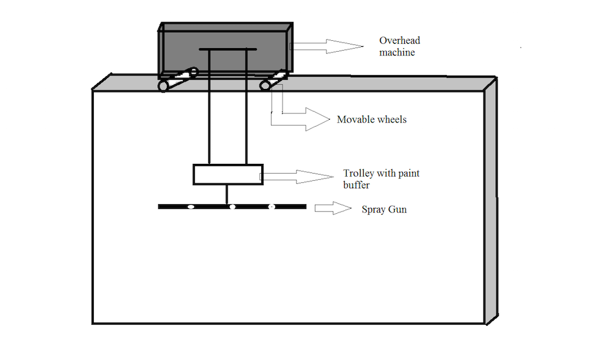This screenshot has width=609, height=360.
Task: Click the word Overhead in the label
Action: point(400,41)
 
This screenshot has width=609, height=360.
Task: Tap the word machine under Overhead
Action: point(397,53)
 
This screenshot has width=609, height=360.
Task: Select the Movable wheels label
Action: point(371,119)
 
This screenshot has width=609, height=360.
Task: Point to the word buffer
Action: point(356,185)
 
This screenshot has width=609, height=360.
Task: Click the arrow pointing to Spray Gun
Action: point(333,208)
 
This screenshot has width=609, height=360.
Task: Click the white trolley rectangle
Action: point(228,174)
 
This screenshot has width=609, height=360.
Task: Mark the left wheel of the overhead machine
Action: point(163,86)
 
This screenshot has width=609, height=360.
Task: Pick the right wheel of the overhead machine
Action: point(266,85)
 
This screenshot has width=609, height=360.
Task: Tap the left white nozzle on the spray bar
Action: point(190,207)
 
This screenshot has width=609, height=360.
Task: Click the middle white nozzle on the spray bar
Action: point(232,207)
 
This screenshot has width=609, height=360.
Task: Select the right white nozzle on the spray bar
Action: point(272,207)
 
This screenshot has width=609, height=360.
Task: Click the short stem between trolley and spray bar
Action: point(227,194)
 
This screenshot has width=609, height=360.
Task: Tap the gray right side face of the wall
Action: point(491,201)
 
